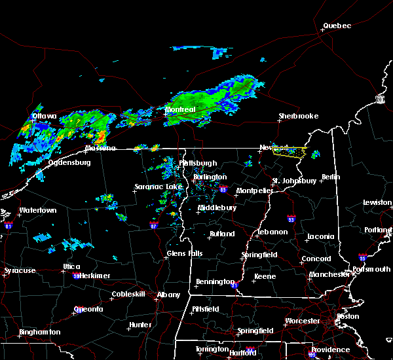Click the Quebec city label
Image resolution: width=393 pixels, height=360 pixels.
pyautogui.click(x=337, y=26)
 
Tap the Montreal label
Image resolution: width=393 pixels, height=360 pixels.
pyautogui.click(x=180, y=109)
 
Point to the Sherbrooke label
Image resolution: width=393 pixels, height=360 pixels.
pyautogui.click(x=298, y=116)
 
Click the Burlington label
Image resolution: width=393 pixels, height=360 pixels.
pyautogui.click(x=210, y=177)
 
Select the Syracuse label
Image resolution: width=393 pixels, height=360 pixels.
pyautogui.click(x=20, y=270)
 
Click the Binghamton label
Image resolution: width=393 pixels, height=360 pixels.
pyautogui.click(x=39, y=332)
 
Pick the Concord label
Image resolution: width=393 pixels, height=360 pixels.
pyautogui.click(x=316, y=259)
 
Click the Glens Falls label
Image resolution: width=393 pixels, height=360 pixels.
pyautogui.click(x=185, y=253)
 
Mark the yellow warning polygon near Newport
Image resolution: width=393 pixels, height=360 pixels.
pyautogui.click(x=290, y=152)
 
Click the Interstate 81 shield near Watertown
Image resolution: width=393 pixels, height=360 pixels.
pyautogui.click(x=9, y=225)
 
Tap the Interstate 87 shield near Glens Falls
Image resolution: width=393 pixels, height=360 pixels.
pyautogui.click(x=153, y=225)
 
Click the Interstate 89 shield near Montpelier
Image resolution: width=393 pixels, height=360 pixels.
pyautogui.click(x=223, y=190)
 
